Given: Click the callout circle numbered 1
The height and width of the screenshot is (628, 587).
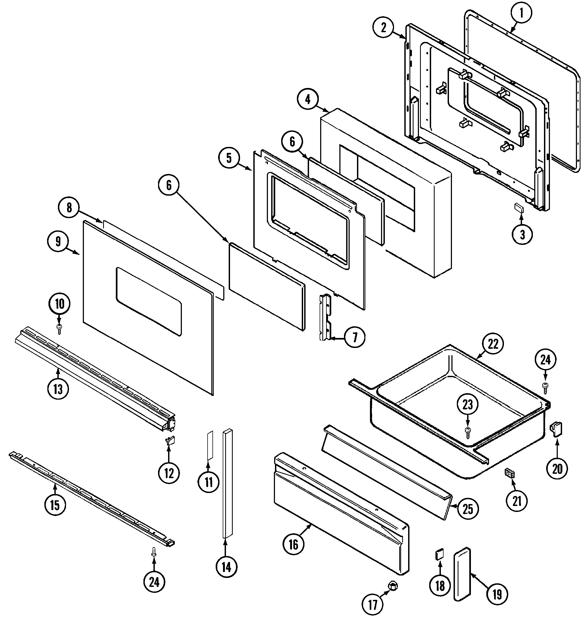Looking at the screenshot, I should click(x=521, y=14).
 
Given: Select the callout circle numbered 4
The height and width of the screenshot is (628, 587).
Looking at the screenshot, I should click(x=308, y=99).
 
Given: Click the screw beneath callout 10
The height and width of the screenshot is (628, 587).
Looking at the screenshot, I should click(x=59, y=328).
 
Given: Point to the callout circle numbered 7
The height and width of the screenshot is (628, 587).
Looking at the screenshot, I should click(x=355, y=338).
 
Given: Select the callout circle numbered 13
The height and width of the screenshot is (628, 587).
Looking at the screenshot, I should click(x=58, y=389).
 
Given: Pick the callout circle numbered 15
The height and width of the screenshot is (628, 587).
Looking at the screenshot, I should click(x=55, y=505).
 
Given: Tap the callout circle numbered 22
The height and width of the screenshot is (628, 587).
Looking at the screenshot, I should click(x=493, y=344).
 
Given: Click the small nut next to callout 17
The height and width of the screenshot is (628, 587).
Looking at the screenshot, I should click(x=392, y=586).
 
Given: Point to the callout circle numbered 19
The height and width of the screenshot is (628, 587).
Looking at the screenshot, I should click(x=497, y=594).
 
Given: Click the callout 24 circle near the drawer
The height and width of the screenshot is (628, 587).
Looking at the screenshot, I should click(x=545, y=360).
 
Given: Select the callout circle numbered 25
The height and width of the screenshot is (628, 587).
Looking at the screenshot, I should click(x=468, y=509).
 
